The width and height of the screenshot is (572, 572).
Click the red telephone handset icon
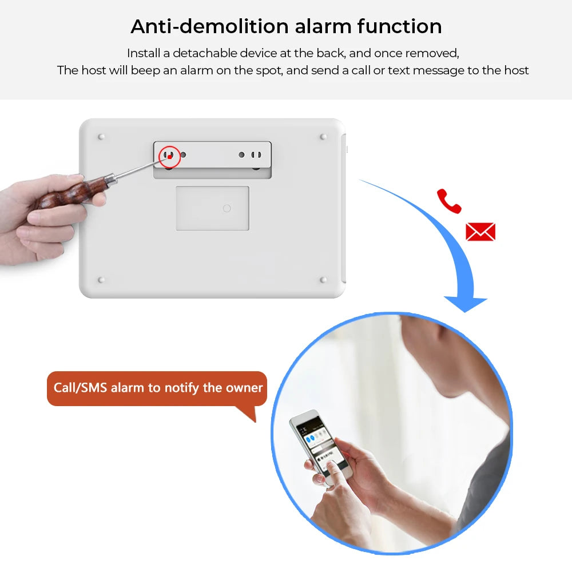[449, 201]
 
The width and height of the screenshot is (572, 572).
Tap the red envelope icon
[480, 232]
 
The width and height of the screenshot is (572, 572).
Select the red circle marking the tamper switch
[169, 156]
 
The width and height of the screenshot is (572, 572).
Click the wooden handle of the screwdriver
[69, 192]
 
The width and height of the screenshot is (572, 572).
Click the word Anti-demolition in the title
[209, 26]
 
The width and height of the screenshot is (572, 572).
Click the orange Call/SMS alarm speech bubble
[157, 388]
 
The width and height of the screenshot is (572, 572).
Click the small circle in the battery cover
[227, 208]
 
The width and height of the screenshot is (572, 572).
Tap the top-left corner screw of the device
[101, 137]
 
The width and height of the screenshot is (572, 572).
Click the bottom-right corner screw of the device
[323, 280]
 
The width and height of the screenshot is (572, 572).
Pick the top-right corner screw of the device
[323, 137]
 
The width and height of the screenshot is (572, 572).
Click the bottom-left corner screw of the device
[101, 280]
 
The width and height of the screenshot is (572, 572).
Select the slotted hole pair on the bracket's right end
[257, 155]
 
